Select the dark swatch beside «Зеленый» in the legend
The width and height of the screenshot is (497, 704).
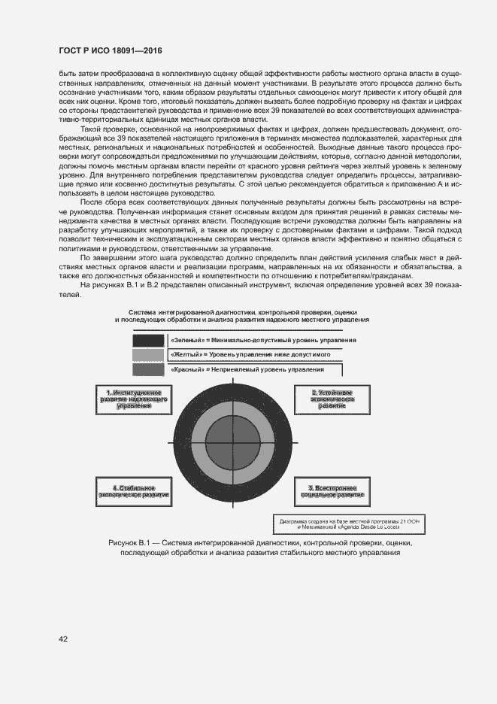point(147,340)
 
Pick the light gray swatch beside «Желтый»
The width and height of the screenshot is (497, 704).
point(147,354)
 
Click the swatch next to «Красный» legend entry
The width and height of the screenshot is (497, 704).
point(147,369)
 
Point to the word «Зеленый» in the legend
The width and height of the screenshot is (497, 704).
point(188,340)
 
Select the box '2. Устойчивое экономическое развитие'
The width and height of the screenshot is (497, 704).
point(332,399)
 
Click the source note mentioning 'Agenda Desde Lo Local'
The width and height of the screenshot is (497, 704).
point(332,523)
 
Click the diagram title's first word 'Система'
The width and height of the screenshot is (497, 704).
point(143,311)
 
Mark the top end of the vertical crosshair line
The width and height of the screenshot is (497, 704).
point(233,375)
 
